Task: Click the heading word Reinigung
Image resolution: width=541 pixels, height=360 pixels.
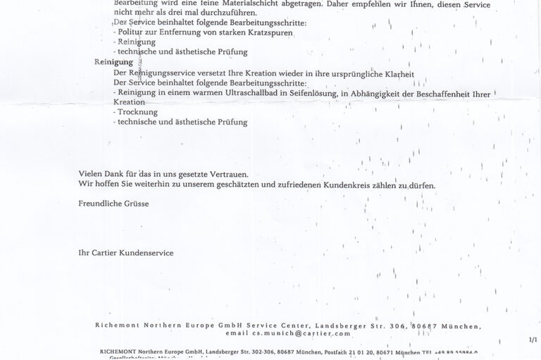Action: click(x=113, y=63)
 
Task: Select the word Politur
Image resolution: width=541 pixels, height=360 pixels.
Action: click(x=132, y=32)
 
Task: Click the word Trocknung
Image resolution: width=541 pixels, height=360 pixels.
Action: click(x=138, y=112)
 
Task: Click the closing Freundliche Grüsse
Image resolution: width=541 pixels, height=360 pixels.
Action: click(x=113, y=203)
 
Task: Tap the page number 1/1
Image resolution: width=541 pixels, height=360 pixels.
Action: click(x=532, y=340)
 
